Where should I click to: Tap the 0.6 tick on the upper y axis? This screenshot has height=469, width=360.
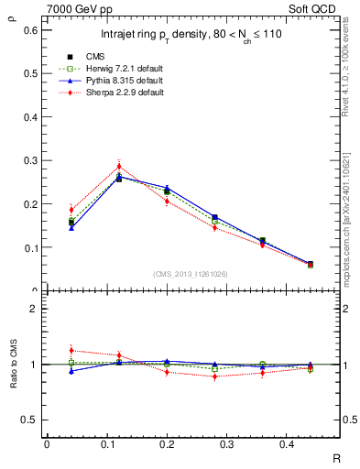[x=30, y=30]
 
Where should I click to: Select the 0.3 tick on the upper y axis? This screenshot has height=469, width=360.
[x=30, y=160]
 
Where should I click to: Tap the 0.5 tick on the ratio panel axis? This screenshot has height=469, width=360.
[x=30, y=420]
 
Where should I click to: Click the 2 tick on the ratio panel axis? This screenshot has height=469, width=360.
[x=34, y=309]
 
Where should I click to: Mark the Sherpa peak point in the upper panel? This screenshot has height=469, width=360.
[x=118, y=166]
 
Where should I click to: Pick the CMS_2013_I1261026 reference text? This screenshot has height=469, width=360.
[x=191, y=274]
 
